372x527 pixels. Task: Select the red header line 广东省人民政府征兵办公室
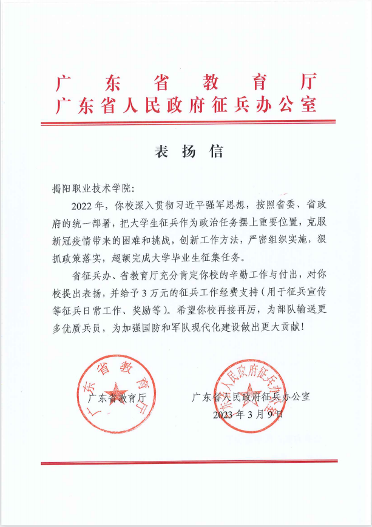point(186,104)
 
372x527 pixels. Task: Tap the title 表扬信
point(186,152)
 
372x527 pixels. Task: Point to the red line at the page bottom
point(186,463)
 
